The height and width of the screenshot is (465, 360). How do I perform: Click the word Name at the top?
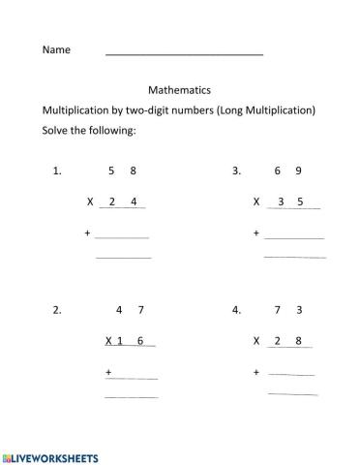(56, 49)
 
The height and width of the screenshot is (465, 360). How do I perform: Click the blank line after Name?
(184, 54)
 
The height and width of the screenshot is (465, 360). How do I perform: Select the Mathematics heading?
(180, 88)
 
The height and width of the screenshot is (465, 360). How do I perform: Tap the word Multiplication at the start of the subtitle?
(74, 109)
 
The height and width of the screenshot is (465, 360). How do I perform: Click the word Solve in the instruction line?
(56, 131)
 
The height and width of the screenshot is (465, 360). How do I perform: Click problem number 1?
(57, 171)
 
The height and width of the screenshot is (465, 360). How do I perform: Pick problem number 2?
(57, 311)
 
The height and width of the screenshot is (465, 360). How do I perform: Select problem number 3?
(236, 171)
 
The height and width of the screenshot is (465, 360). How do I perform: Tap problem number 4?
(236, 311)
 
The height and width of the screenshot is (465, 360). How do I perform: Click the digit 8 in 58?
(134, 171)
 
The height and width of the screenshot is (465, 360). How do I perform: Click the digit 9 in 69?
(299, 171)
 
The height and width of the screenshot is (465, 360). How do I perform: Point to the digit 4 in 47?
(118, 311)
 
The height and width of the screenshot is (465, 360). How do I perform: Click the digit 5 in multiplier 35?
(301, 202)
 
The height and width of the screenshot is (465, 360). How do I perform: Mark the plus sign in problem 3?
(256, 233)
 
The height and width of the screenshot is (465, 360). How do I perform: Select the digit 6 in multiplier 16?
(140, 341)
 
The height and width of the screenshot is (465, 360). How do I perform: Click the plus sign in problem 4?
(256, 372)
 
